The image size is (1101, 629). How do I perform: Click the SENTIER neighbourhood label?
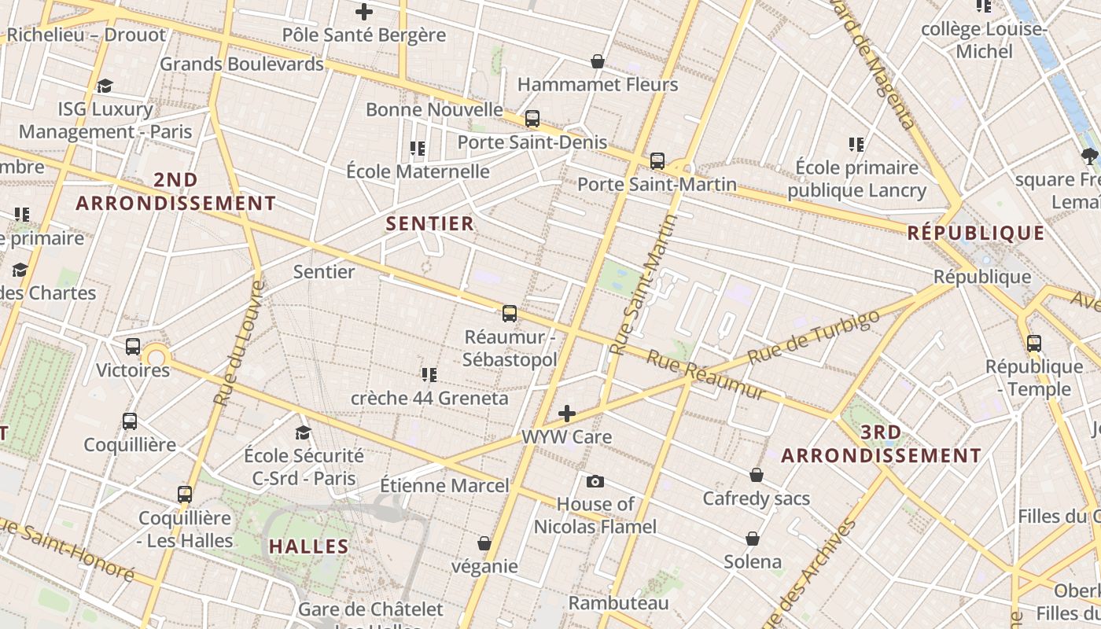click(430, 224)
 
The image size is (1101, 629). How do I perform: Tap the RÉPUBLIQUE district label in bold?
click(975, 234)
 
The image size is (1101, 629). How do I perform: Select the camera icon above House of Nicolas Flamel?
click(595, 481)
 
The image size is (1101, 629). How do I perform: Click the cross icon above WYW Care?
click(566, 414)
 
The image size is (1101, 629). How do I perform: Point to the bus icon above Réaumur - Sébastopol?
click(510, 314)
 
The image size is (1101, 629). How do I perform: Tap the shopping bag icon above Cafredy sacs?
click(756, 475)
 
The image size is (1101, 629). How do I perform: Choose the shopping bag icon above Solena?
click(753, 539)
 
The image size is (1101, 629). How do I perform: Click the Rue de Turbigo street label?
click(813, 337)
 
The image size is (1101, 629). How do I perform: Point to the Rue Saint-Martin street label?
click(644, 285)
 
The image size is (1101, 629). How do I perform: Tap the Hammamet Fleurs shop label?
click(598, 84)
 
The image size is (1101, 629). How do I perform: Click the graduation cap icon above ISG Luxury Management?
click(105, 86)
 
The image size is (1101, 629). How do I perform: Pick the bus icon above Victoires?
click(133, 346)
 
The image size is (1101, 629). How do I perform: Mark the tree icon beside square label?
click(1089, 156)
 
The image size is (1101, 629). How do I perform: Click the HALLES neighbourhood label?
click(308, 546)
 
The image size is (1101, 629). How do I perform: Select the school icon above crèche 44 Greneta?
click(429, 374)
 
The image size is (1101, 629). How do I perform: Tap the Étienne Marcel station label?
click(444, 485)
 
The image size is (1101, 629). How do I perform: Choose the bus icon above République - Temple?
click(1033, 343)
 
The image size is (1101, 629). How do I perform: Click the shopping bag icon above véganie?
click(484, 543)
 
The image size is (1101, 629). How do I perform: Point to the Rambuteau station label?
click(618, 603)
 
